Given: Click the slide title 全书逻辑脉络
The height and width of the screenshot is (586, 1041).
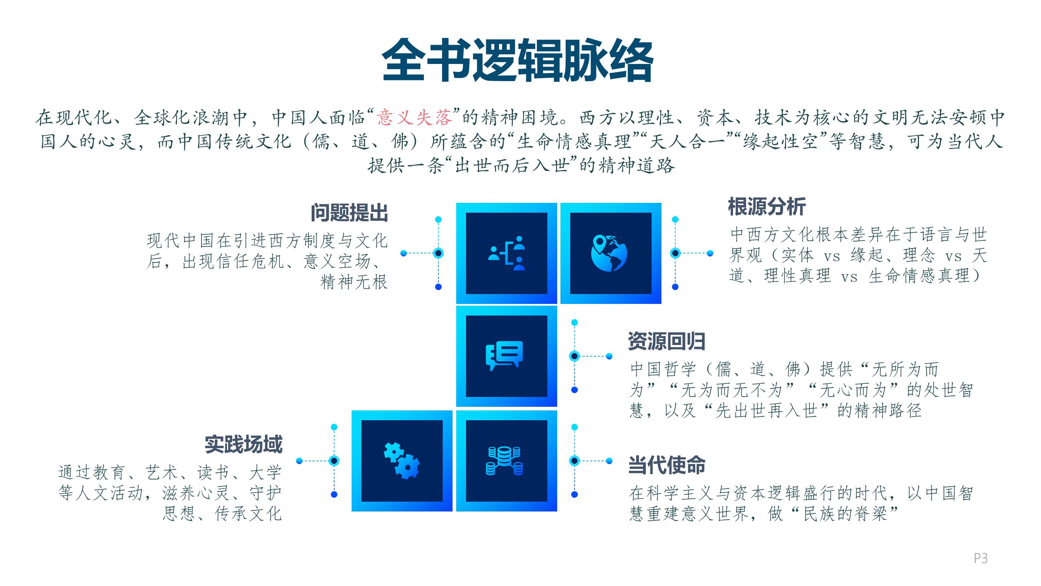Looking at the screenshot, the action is pyautogui.click(x=518, y=60).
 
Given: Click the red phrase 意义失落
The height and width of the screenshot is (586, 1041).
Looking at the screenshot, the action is pyautogui.click(x=414, y=117).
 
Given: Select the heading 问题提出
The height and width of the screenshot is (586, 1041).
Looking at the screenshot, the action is pyautogui.click(x=349, y=213).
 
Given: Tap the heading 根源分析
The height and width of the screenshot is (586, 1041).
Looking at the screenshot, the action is pyautogui.click(x=767, y=206).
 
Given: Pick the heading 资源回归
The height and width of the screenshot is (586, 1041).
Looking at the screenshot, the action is pyautogui.click(x=667, y=341).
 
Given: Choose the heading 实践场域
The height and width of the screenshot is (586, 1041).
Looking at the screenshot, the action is pyautogui.click(x=243, y=445).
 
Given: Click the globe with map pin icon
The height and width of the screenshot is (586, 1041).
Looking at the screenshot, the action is pyautogui.click(x=609, y=253).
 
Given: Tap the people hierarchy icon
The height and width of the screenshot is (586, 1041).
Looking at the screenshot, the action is pyautogui.click(x=507, y=253).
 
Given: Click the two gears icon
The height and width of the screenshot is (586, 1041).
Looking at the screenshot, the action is pyautogui.click(x=402, y=461).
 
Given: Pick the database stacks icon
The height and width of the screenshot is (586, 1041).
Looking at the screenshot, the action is pyautogui.click(x=504, y=461).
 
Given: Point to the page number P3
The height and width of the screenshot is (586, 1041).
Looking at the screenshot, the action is pyautogui.click(x=981, y=558).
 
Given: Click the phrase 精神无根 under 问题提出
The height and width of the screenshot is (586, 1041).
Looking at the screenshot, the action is pyautogui.click(x=354, y=282).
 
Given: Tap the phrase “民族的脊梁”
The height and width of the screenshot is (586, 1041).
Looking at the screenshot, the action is pyautogui.click(x=844, y=514).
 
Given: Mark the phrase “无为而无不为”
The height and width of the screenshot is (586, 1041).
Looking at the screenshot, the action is pyautogui.click(x=732, y=390).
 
